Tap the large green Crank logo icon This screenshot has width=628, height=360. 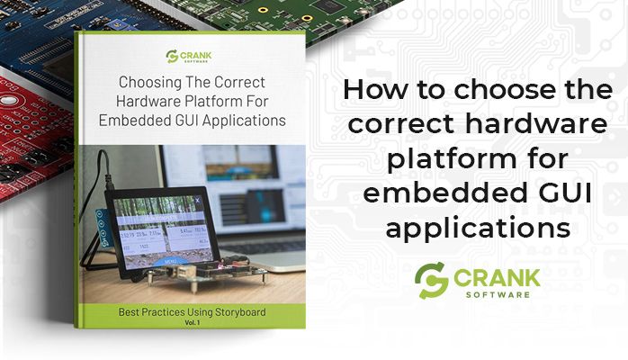(x=433, y=280)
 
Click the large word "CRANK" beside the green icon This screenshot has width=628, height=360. (x=504, y=274)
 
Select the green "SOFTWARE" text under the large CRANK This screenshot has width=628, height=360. (x=504, y=293)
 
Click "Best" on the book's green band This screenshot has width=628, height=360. (x=131, y=312)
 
